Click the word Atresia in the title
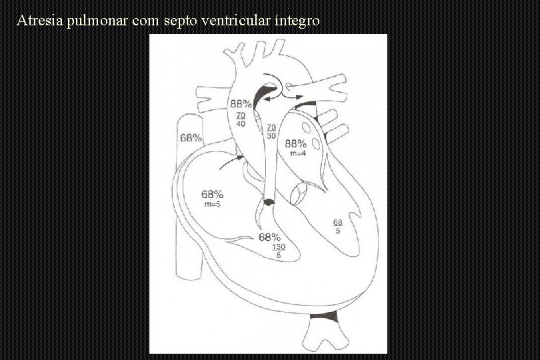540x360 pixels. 36,21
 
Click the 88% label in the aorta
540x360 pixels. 241,104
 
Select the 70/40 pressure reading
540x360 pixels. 241,119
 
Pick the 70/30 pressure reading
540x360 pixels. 271,131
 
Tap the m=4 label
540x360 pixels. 297,154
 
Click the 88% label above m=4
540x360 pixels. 296,144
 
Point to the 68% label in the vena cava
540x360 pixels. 191,138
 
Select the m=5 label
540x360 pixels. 212,204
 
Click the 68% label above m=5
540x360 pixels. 212,195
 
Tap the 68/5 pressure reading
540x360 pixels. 338,227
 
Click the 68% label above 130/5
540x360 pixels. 270,237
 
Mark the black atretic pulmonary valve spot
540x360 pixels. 268,201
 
